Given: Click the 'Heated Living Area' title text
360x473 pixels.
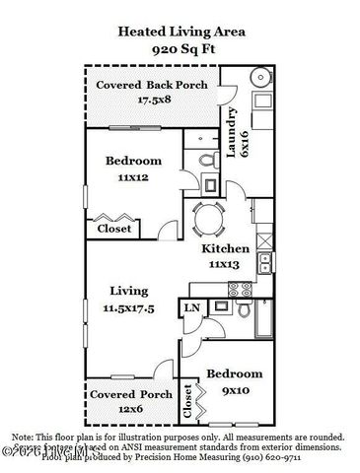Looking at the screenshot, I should (x=181, y=32).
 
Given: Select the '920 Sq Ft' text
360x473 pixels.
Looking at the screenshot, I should (x=181, y=47).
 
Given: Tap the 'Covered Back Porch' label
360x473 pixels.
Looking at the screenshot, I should (x=151, y=85).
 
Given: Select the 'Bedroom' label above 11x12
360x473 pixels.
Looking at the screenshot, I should (x=133, y=161).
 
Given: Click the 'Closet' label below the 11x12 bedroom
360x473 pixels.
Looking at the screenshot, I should (x=113, y=228).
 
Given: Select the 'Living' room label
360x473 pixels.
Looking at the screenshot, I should (x=128, y=291).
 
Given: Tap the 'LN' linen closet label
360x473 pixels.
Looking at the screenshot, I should (x=191, y=309).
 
